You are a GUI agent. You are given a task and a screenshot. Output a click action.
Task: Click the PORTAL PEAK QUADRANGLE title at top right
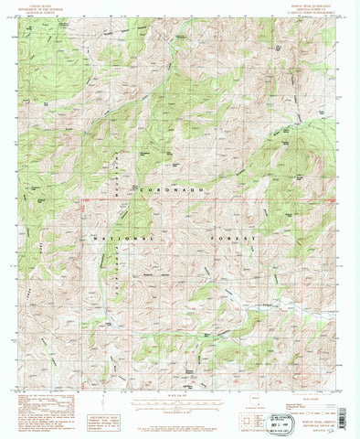[316, 5]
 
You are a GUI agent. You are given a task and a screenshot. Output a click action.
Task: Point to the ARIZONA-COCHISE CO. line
[316, 8]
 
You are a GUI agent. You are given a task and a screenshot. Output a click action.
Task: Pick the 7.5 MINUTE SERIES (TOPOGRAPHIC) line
[316, 12]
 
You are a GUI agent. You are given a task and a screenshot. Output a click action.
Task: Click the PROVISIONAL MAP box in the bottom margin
[121, 393]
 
